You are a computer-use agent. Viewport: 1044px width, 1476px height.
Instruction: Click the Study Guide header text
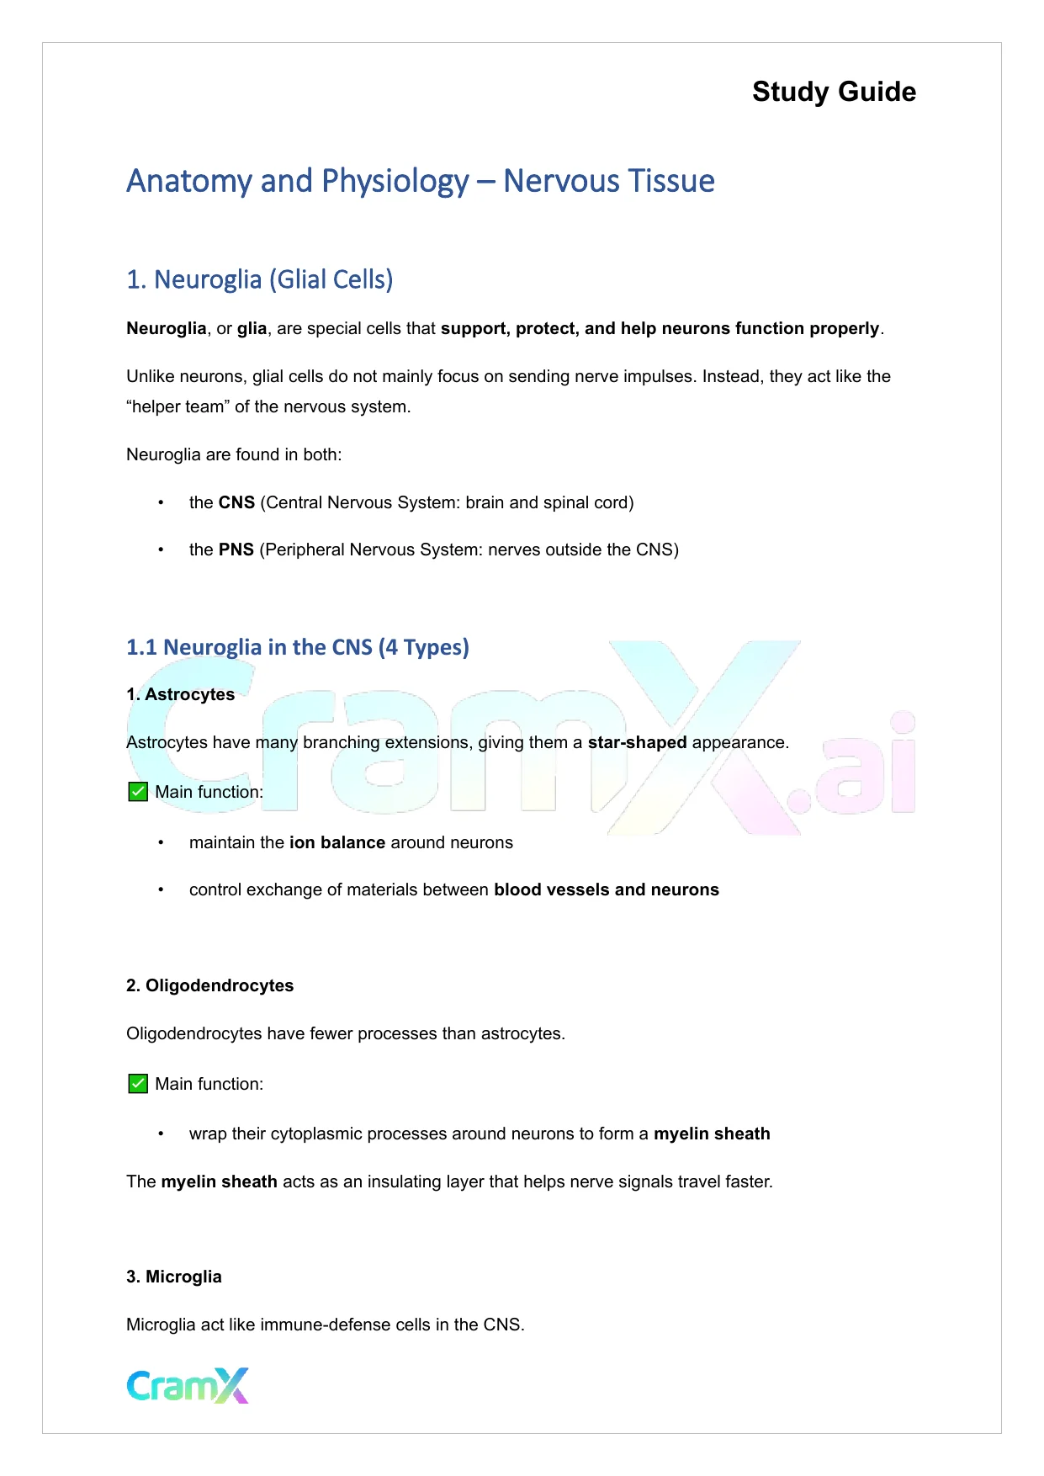(x=834, y=92)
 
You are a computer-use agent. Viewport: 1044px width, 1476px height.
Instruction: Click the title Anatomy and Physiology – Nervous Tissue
(x=421, y=181)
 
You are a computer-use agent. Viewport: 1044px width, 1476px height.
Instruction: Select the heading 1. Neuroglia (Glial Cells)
(x=259, y=279)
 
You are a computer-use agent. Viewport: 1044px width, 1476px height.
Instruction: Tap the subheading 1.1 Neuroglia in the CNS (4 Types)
(x=297, y=647)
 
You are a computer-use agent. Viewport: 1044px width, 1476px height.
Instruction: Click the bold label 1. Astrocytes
(x=180, y=694)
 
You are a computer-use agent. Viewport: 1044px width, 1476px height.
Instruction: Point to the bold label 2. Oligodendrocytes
(x=209, y=985)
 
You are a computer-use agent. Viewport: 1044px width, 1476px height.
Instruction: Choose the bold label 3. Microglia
(x=173, y=1277)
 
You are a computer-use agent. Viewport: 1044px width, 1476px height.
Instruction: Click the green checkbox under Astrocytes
(x=138, y=792)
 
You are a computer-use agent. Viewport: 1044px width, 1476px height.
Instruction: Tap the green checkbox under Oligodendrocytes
(x=138, y=1084)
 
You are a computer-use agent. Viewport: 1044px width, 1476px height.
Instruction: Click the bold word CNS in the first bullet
(x=236, y=502)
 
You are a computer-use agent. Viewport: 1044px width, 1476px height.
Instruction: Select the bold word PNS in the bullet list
(x=236, y=550)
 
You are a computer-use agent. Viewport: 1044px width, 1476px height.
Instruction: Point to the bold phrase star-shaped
(x=637, y=742)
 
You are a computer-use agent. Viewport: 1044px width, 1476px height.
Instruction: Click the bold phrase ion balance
(x=337, y=842)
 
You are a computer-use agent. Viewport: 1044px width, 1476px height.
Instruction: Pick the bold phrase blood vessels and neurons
(x=606, y=889)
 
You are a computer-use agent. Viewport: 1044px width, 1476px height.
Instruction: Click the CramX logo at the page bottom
(x=188, y=1385)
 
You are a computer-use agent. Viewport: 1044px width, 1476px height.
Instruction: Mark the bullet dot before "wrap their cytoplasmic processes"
(x=160, y=1134)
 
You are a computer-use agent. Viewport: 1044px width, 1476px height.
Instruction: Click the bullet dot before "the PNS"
(x=160, y=550)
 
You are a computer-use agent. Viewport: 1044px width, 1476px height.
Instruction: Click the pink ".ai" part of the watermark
(x=858, y=770)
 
